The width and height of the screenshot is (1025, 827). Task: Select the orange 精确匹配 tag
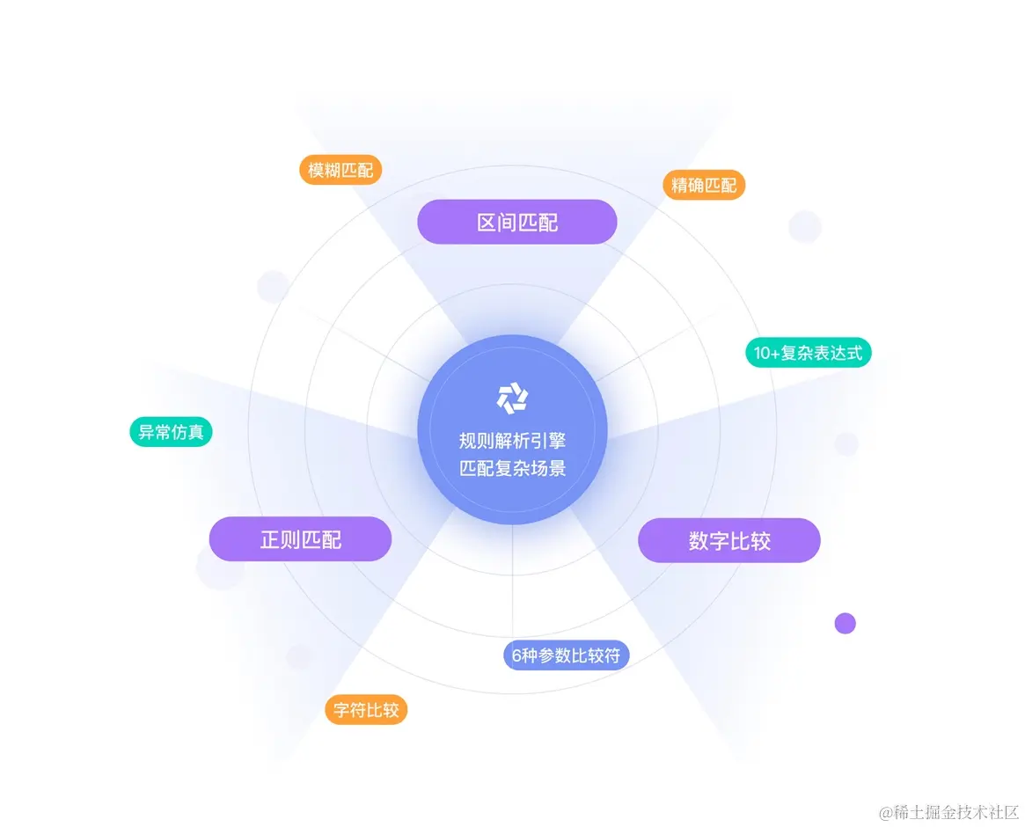point(704,185)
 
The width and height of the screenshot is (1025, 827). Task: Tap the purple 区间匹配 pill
point(517,222)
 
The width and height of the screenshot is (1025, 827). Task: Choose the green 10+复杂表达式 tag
point(809,353)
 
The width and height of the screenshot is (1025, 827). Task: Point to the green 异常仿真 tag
point(171,432)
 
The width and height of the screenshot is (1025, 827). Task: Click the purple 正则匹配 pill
point(300,538)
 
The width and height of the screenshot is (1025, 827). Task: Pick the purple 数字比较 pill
point(729,540)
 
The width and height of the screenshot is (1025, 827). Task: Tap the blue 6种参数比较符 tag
point(567,655)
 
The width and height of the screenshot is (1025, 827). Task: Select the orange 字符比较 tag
point(367,710)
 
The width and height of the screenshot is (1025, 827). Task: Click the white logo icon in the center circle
point(511,399)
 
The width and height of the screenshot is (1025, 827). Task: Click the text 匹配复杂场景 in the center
point(512,468)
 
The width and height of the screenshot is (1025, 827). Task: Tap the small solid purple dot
point(845,623)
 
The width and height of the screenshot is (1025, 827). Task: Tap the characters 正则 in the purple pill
point(280,539)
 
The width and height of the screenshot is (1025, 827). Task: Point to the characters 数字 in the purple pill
point(709,541)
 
